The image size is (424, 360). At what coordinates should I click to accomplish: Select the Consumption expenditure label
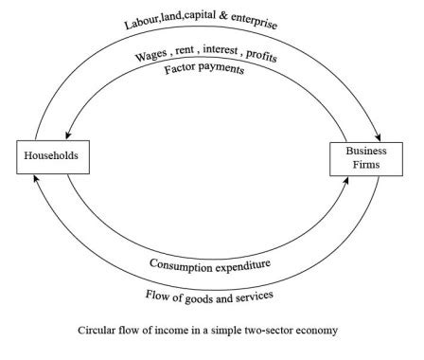click(x=212, y=262)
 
